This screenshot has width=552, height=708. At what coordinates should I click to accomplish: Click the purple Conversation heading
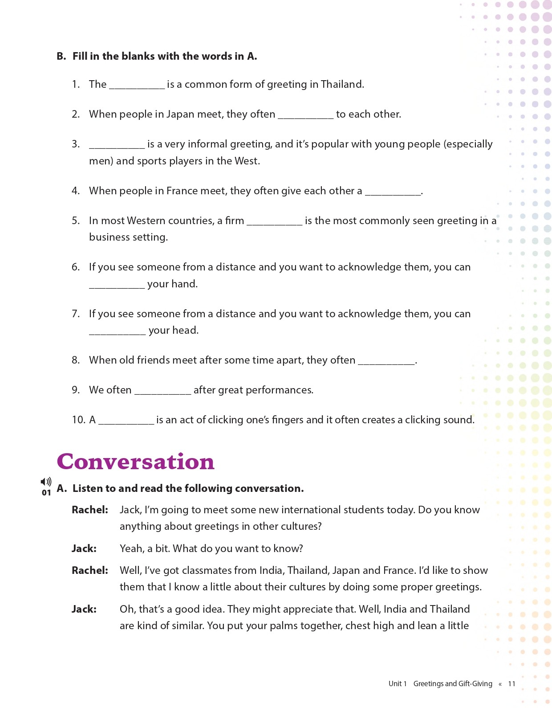135,462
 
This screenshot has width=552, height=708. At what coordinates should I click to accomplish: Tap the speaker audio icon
46,482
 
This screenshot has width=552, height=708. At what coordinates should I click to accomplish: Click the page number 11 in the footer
511,683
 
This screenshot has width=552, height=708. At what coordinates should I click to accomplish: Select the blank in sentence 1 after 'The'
137,85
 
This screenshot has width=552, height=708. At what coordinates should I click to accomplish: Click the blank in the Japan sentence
305,115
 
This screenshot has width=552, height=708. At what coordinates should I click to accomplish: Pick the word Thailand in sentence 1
341,84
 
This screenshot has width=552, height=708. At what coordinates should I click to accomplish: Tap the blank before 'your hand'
117,285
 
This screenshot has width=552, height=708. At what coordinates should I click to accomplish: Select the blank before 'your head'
117,331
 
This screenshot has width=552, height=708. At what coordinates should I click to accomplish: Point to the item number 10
78,420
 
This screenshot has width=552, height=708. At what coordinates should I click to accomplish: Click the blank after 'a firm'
274,221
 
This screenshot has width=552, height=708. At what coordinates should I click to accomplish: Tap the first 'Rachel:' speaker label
90,510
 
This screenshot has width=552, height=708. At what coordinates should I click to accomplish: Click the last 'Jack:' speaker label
84,609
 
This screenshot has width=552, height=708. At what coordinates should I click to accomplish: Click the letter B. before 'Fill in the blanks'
61,56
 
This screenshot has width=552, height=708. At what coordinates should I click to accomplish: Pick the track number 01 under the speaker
46,492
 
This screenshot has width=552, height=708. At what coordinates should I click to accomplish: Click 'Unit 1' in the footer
398,683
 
